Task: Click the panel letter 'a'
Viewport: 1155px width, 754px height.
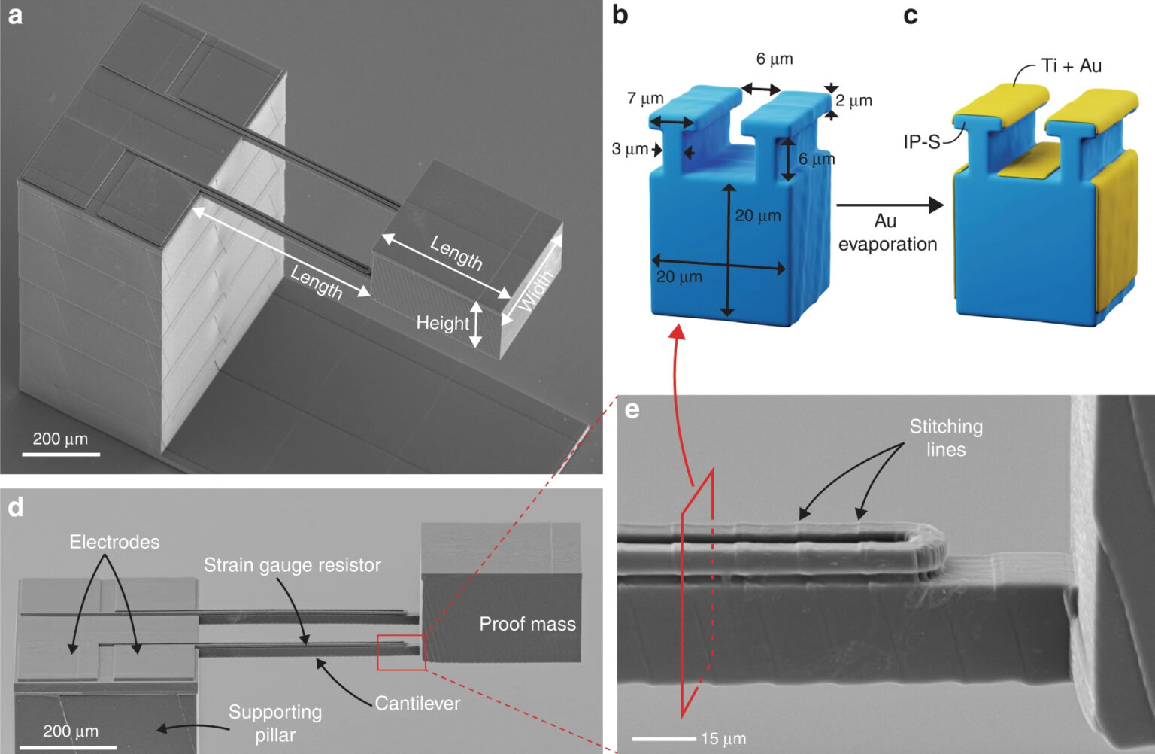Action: tap(16, 16)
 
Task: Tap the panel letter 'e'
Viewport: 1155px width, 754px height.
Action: tap(632, 410)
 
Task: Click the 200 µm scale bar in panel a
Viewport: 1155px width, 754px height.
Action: tap(61, 455)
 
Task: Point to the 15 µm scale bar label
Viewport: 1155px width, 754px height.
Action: tap(723, 738)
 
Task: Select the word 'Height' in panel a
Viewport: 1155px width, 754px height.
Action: tap(442, 323)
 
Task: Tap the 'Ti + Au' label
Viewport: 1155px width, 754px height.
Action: tap(1071, 66)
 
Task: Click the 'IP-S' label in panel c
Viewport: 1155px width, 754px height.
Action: tap(922, 141)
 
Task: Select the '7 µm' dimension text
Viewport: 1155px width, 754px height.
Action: tap(645, 98)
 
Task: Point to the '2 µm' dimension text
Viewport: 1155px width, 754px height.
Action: tap(854, 100)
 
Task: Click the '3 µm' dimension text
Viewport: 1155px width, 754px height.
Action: tap(629, 149)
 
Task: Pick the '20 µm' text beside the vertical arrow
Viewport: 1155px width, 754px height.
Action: tap(758, 215)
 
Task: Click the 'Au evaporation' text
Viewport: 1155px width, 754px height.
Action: tap(887, 233)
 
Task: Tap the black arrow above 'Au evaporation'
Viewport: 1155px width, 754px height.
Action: tap(890, 205)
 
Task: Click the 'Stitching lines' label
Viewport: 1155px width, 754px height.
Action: tap(946, 438)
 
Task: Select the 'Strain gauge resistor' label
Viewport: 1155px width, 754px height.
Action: tap(293, 565)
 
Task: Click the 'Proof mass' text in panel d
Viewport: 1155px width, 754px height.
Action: tap(527, 624)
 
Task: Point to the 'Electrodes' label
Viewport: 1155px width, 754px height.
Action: tap(114, 542)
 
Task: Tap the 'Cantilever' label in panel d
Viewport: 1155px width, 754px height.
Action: tap(417, 704)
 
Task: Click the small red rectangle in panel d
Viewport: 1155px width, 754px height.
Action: tap(402, 653)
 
